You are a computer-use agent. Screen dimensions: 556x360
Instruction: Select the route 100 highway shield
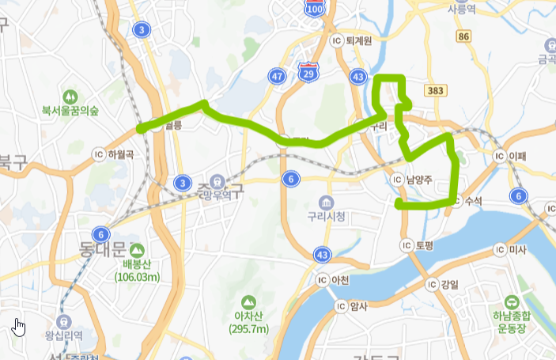pyautogui.click(x=314, y=9)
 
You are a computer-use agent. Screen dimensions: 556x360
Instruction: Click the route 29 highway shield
pyautogui.click(x=307, y=74)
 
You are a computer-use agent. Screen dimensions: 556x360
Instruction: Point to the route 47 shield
pyautogui.click(x=277, y=76)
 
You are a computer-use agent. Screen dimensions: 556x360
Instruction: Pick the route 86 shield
pyautogui.click(x=463, y=36)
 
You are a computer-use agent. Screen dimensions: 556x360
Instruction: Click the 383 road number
pyautogui.click(x=434, y=92)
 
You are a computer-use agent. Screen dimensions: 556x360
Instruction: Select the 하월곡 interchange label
pyautogui.click(x=115, y=153)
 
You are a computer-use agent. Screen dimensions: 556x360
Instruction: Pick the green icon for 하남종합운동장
pyautogui.click(x=513, y=301)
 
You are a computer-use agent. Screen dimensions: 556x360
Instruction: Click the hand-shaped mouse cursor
pyautogui.click(x=19, y=326)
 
